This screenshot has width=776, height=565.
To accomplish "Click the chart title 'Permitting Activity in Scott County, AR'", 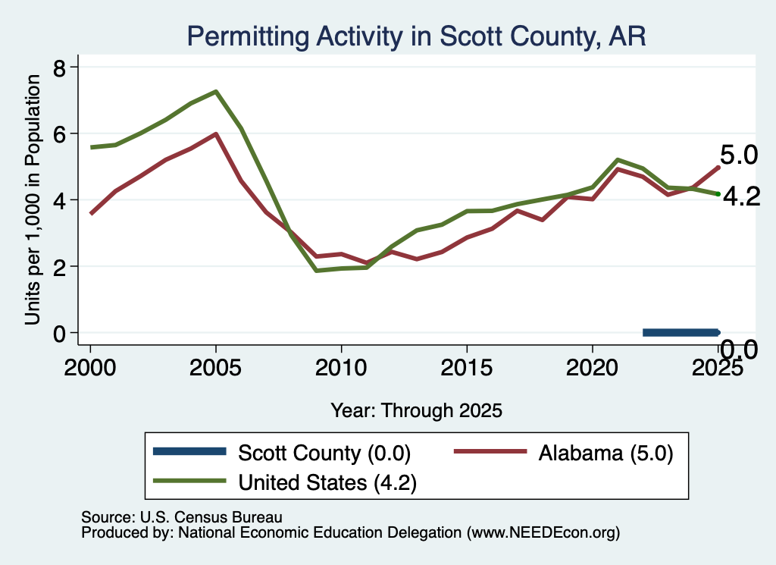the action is [416, 36].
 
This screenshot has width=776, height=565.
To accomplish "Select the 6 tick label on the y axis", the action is [59, 133].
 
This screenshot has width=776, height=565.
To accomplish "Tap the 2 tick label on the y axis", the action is [59, 266].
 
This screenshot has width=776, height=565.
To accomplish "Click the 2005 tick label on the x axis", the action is [215, 367].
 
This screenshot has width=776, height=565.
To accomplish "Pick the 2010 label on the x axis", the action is [341, 367].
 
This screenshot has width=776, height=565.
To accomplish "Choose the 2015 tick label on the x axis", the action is [467, 367].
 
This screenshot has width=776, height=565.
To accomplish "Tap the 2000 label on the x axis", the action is [90, 367].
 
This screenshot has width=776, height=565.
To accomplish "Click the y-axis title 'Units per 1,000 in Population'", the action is [33, 199].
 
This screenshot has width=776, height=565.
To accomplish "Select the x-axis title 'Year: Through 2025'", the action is [416, 410].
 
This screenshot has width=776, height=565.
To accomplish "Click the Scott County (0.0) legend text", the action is [324, 453].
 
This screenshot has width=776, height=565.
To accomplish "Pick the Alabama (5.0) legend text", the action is [605, 453].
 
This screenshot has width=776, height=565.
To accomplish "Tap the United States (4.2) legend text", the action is [327, 482].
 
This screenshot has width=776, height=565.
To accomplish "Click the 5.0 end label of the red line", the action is [738, 155].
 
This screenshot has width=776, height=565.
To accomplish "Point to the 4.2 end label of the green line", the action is [741, 197].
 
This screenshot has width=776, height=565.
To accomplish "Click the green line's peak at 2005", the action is [216, 92].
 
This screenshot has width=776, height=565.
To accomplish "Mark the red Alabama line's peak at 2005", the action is [216, 133].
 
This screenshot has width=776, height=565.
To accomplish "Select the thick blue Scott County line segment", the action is [681, 333].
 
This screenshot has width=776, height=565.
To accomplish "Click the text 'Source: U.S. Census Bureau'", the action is [182, 517].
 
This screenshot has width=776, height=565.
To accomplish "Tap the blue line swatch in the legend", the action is [189, 451].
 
